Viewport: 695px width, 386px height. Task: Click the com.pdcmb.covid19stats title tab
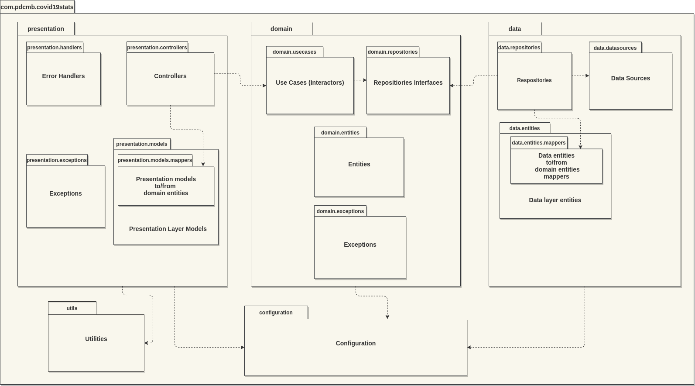click(37, 7)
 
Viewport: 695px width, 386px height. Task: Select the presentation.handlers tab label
click(55, 48)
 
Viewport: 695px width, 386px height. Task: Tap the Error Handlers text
click(63, 76)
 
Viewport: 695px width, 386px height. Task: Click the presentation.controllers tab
click(157, 48)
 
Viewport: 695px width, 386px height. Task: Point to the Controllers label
click(170, 76)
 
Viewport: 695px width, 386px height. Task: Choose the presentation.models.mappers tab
click(155, 160)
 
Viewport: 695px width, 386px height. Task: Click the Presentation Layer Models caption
click(168, 229)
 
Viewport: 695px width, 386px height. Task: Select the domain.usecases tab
click(294, 52)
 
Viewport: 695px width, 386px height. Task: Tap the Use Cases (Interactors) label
click(310, 83)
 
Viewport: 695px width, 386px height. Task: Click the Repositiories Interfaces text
click(408, 83)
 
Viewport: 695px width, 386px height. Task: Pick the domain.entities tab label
click(340, 133)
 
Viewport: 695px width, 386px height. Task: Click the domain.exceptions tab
click(340, 211)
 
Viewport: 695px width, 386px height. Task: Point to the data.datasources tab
click(615, 48)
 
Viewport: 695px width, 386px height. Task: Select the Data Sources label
click(630, 78)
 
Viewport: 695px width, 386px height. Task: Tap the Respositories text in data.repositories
click(534, 80)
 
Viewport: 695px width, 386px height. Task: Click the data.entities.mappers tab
click(539, 143)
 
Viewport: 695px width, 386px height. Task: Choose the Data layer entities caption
click(555, 200)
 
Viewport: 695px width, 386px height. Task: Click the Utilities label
click(96, 339)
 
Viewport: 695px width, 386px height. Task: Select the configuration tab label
click(276, 313)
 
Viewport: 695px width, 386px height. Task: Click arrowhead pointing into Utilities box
click(147, 343)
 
